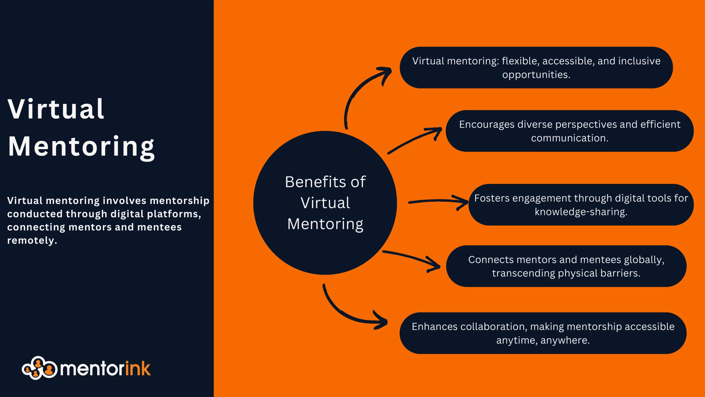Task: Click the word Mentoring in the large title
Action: pyautogui.click(x=81, y=147)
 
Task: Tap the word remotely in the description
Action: pyautogui.click(x=32, y=240)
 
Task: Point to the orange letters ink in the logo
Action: pyautogui.click(x=138, y=369)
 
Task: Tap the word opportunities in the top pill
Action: pyautogui.click(x=536, y=75)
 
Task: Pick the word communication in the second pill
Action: pyautogui.click(x=569, y=138)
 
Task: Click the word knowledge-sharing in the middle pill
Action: pyautogui.click(x=581, y=212)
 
